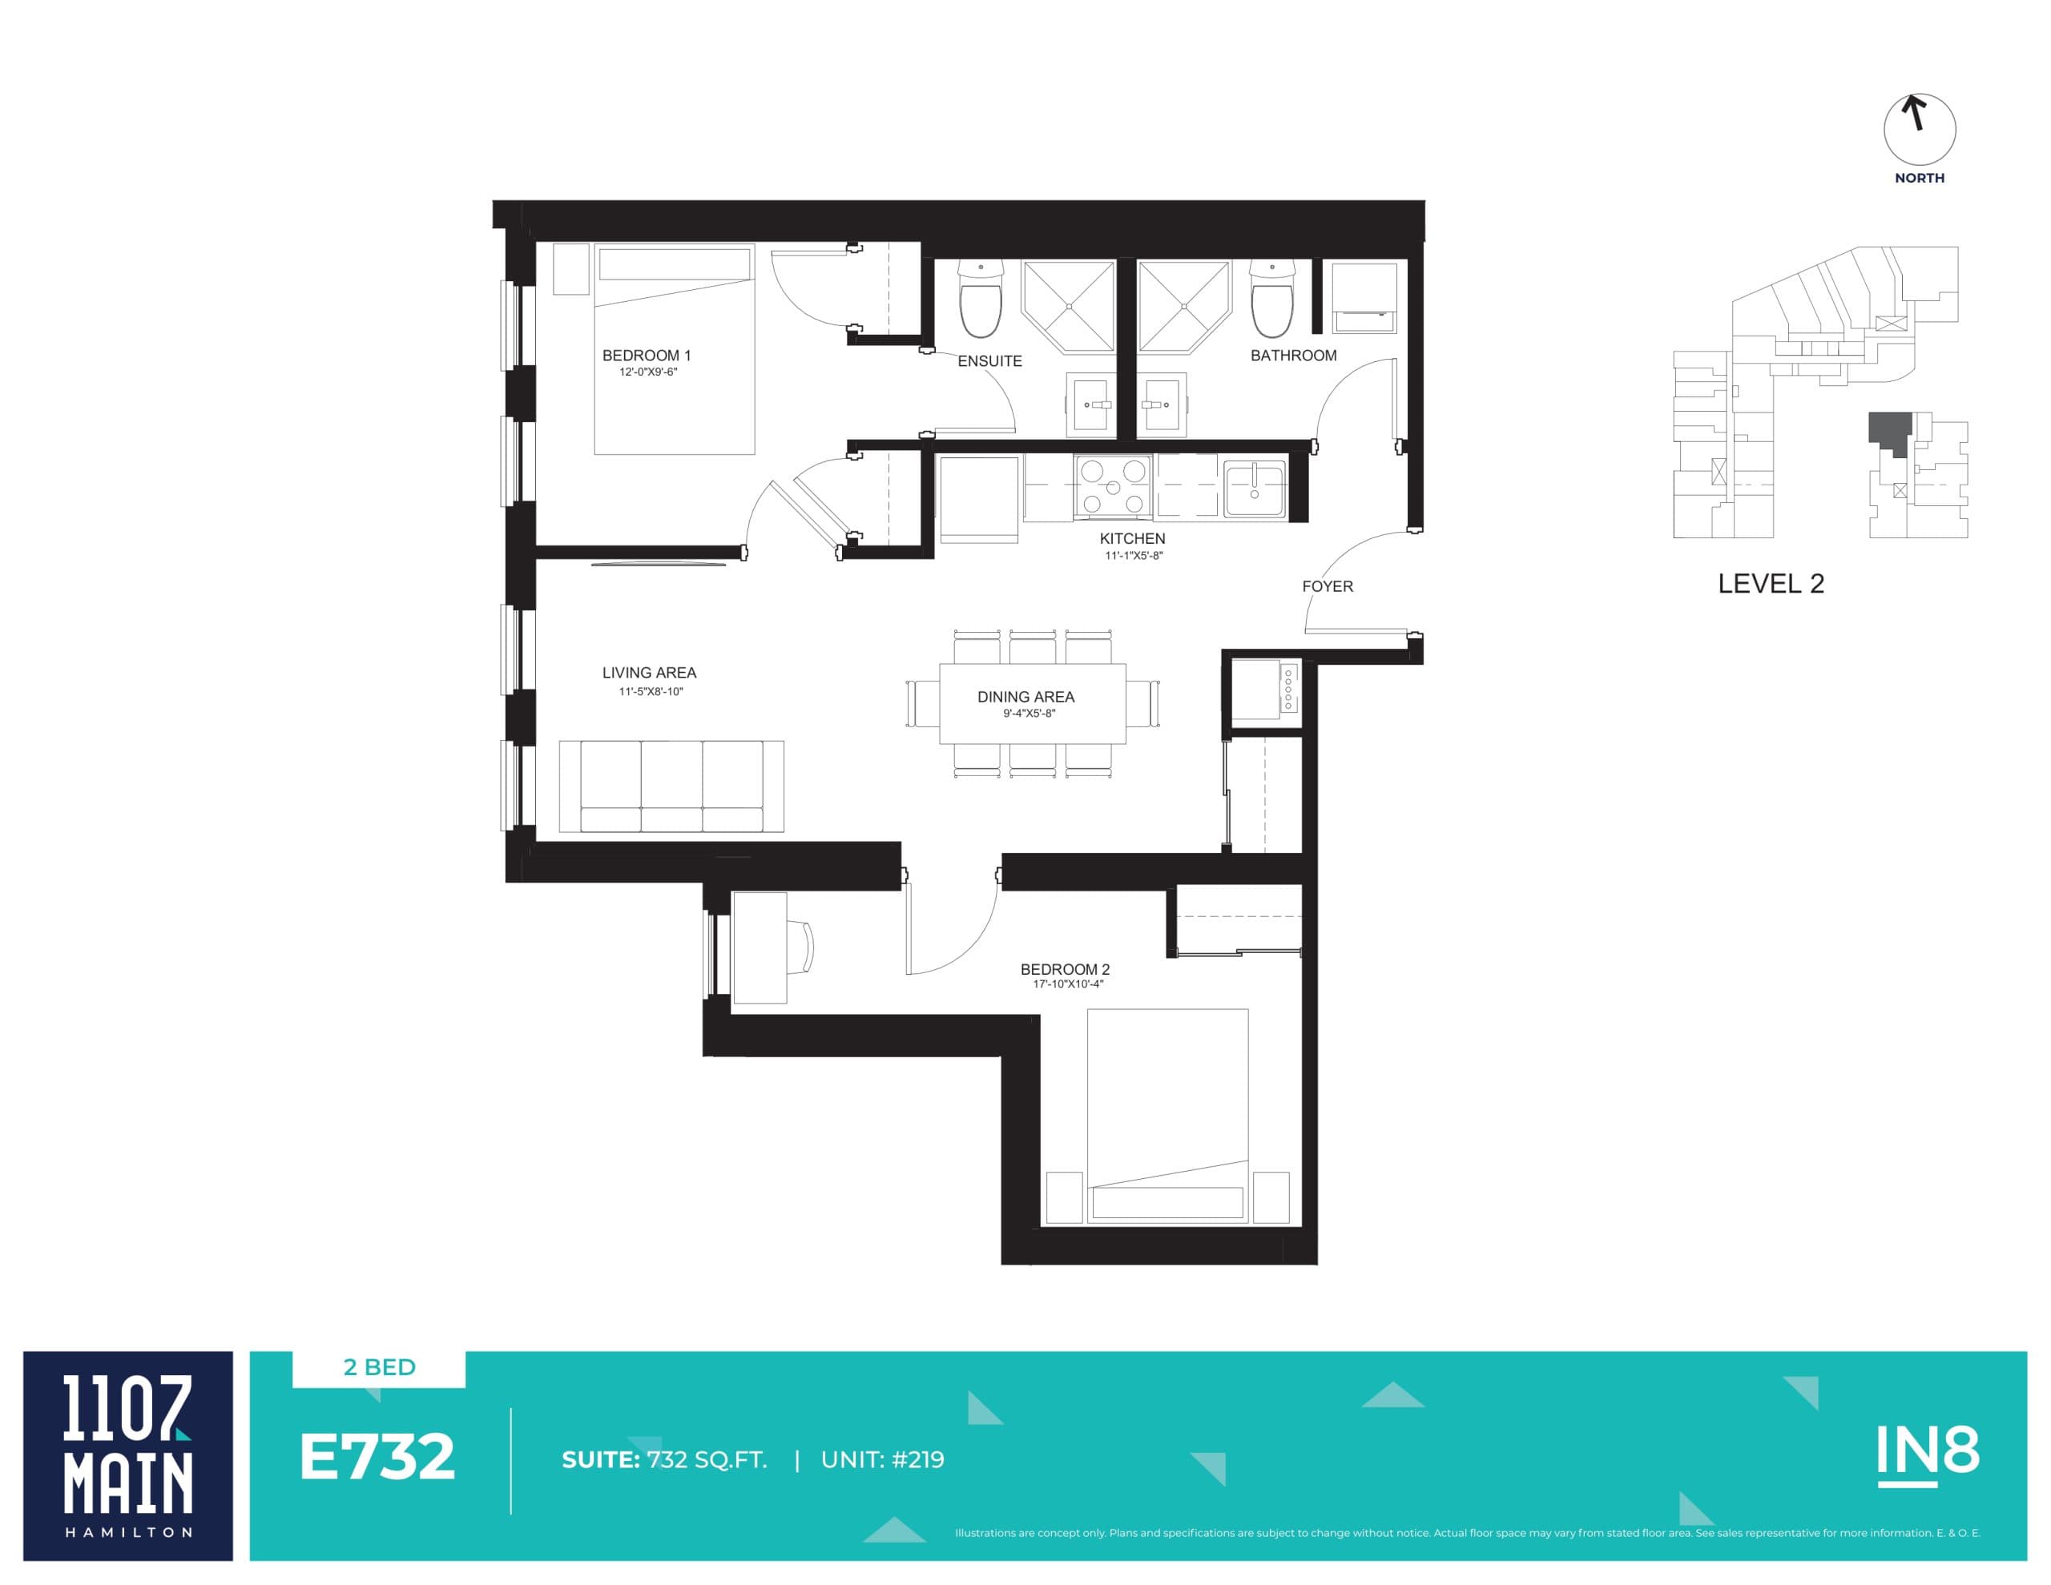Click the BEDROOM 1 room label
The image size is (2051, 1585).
[646, 356]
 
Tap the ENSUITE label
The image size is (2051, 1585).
[989, 361]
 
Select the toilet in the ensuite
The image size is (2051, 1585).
[981, 300]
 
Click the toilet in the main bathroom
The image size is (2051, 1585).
[1271, 300]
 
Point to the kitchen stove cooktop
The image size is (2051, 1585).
[1113, 486]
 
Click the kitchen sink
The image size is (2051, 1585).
[1254, 487]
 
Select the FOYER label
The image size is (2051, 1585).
[1327, 587]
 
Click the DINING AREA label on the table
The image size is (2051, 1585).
[1025, 698]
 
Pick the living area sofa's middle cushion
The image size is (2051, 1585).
[671, 786]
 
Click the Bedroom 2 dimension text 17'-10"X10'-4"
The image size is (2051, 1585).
[1068, 984]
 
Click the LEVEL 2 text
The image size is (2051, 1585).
[1771, 584]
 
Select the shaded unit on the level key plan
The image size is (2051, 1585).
[1888, 430]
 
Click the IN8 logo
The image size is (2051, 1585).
[1927, 1453]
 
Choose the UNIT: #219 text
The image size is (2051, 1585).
[882, 1460]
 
